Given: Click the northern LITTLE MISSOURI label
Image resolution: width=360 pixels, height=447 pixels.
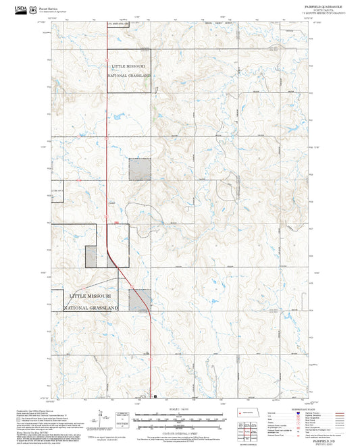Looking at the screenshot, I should click(128, 66).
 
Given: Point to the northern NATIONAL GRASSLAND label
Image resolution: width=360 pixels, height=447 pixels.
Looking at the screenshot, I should click(128, 76).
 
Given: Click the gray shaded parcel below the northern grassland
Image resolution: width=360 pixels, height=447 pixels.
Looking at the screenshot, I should click(139, 169).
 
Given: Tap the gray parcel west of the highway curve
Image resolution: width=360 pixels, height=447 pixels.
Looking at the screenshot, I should click(91, 255).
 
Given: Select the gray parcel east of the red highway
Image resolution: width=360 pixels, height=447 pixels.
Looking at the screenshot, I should click(140, 300).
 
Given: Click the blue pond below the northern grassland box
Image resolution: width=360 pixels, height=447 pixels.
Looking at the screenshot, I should click(113, 116).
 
